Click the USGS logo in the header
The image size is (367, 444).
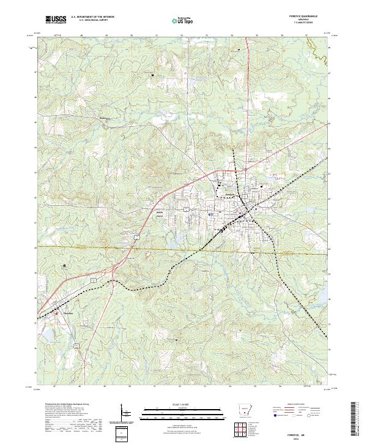point(56,20)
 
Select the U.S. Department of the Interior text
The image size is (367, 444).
point(92,18)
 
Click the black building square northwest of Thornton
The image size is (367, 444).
point(64,265)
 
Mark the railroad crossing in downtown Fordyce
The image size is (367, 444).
point(245,214)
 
